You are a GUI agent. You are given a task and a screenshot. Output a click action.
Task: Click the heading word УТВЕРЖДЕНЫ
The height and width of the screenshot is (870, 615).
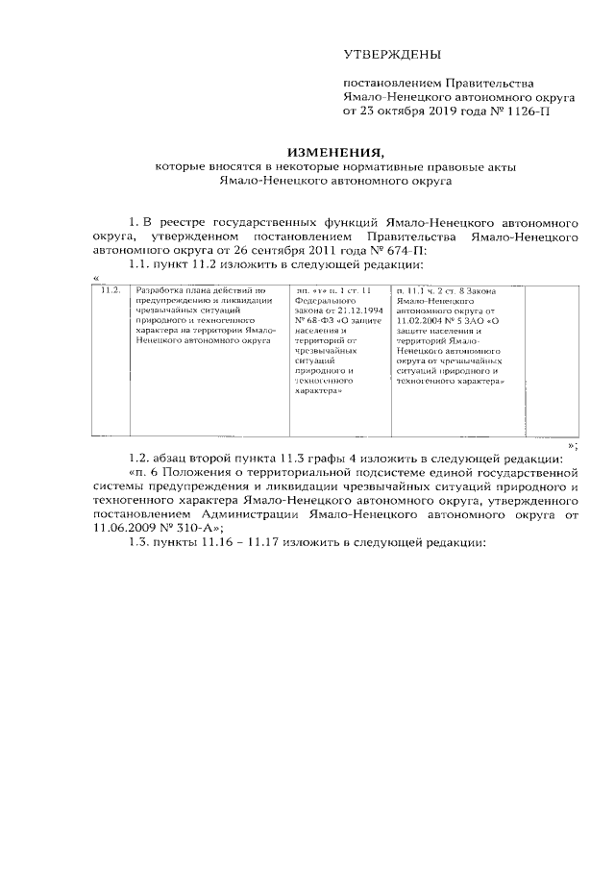pyautogui.click(x=393, y=56)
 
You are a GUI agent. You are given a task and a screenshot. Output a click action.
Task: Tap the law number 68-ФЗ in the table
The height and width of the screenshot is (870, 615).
pyautogui.click(x=322, y=321)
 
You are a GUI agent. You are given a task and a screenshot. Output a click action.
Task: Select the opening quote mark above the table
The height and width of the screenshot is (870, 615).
pyautogui.click(x=95, y=276)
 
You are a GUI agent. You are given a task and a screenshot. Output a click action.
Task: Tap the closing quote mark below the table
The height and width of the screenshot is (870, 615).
pyautogui.click(x=573, y=445)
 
